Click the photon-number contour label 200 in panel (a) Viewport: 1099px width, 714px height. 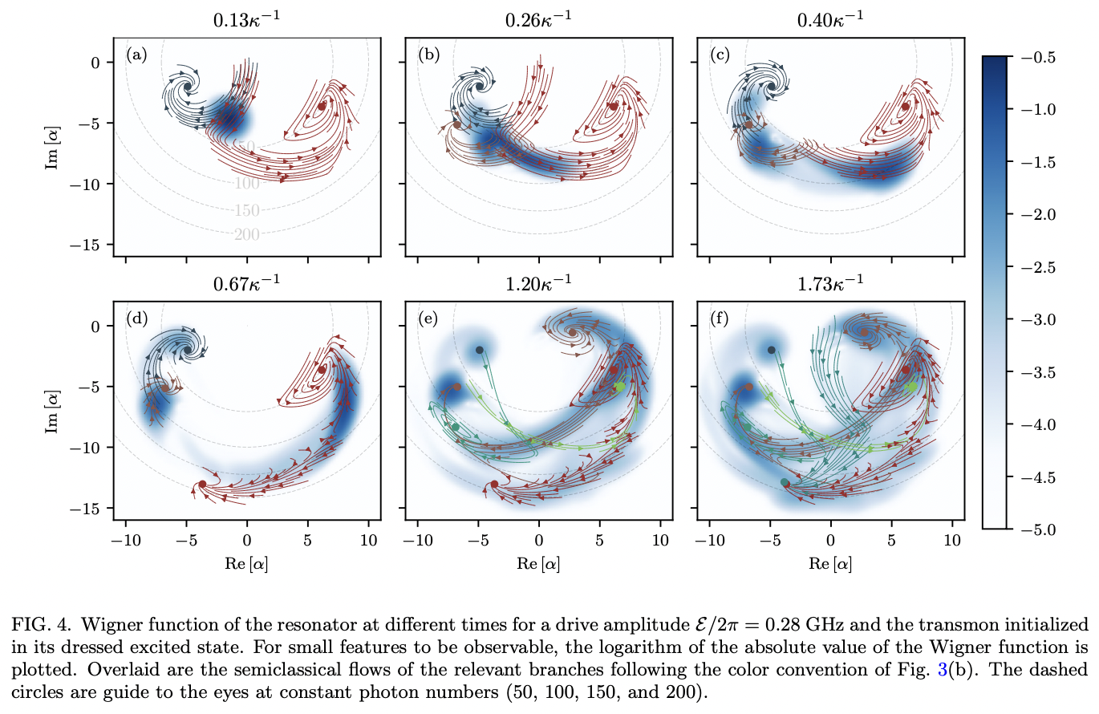(247, 234)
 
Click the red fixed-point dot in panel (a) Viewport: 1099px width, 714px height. (321, 105)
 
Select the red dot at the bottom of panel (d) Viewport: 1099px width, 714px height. (202, 484)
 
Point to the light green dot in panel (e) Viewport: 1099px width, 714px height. (619, 387)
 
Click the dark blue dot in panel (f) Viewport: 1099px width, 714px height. (771, 350)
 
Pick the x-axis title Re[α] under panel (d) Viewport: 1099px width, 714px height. (246, 564)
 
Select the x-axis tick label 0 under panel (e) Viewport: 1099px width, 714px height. (539, 541)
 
